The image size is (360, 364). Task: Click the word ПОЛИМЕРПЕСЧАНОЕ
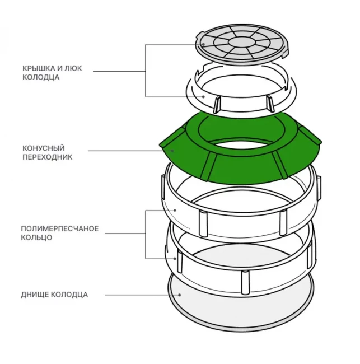(x=59, y=228)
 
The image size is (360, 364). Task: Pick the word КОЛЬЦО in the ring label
(x=37, y=237)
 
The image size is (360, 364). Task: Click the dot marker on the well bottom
(x=180, y=295)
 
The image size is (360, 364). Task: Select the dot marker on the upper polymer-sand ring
(x=175, y=210)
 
